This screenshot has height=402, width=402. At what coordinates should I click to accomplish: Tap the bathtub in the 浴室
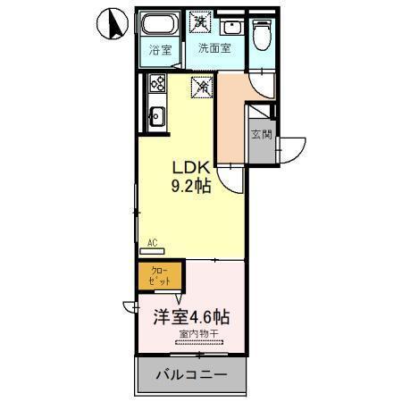click(159, 25)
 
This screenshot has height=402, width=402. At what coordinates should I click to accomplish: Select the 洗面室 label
click(214, 48)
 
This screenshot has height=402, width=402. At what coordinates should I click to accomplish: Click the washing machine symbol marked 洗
click(200, 21)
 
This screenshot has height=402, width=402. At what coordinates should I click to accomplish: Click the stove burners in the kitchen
click(157, 86)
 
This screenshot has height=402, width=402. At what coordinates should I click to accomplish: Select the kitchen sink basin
click(156, 115)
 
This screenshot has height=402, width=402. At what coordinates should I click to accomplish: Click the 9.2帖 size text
click(191, 188)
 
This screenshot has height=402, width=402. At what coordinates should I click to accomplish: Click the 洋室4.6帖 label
click(189, 317)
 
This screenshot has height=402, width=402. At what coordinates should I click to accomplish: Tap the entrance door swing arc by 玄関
click(293, 147)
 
